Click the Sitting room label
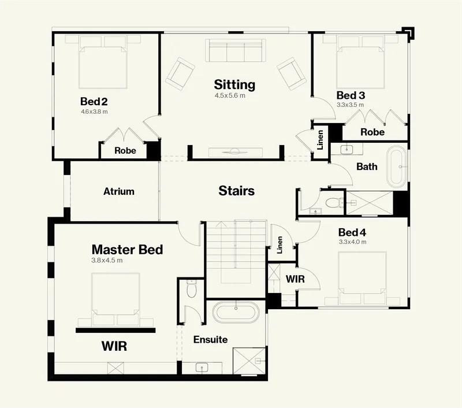[x=234, y=84]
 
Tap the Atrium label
[x=119, y=191]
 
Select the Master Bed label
[x=127, y=250]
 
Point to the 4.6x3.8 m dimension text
[x=94, y=112]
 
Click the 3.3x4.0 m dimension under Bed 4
[x=353, y=242]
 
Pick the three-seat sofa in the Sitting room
[x=236, y=50]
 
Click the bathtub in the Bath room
[x=397, y=166]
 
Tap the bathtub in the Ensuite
[x=236, y=313]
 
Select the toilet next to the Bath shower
[x=334, y=203]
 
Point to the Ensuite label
[x=210, y=340]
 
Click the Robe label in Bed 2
[x=125, y=151]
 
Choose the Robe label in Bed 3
[x=372, y=132]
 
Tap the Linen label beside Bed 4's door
[x=280, y=244]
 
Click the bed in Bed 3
[x=360, y=62]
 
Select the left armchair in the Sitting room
[x=180, y=73]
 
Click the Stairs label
[x=237, y=191]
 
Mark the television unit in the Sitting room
[x=236, y=153]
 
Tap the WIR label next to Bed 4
[x=295, y=279]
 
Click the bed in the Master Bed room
[x=115, y=299]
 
